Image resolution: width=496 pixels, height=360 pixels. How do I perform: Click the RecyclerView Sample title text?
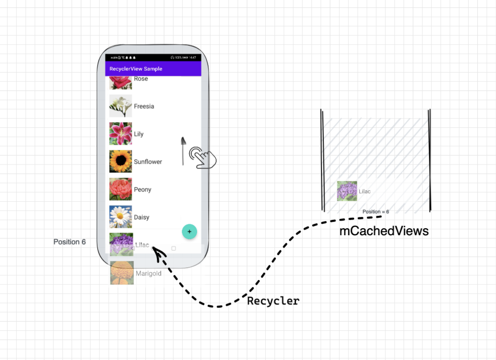(x=136, y=69)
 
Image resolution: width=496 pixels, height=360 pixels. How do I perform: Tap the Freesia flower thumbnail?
(x=121, y=106)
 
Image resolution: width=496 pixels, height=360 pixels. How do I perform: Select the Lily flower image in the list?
(x=121, y=134)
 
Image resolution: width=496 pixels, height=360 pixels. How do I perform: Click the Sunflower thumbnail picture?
(x=121, y=161)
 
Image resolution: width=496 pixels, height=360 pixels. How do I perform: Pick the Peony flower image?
(x=121, y=189)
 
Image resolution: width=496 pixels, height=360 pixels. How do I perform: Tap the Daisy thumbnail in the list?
(x=121, y=217)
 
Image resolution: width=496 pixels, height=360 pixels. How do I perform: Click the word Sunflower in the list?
(x=148, y=162)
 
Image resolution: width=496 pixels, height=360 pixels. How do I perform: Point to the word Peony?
(x=143, y=190)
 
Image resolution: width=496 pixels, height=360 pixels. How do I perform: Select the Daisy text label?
(x=142, y=218)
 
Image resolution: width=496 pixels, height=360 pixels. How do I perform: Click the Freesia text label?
(x=144, y=106)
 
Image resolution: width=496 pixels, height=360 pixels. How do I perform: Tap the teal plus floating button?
(x=190, y=232)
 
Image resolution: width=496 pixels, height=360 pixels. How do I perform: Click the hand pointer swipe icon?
(x=202, y=157)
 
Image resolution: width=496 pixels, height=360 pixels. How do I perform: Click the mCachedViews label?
(x=384, y=231)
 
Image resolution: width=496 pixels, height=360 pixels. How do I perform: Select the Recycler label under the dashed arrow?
(x=273, y=301)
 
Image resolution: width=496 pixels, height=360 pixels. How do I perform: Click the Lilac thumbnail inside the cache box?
(x=347, y=191)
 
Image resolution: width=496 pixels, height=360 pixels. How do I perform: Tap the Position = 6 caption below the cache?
(x=376, y=212)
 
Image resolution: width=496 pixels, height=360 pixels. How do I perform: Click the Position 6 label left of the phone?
(x=69, y=242)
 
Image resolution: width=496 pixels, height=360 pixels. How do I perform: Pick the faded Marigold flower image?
(x=122, y=273)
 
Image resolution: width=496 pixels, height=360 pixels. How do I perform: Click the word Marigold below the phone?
(x=149, y=274)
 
